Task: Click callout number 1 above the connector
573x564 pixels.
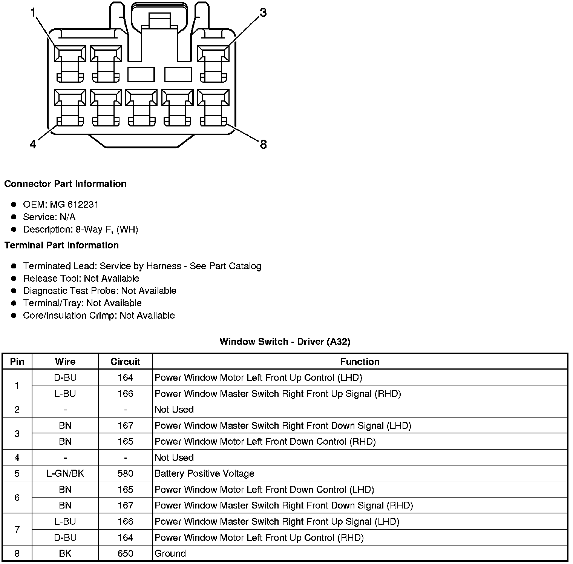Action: [x=33, y=13]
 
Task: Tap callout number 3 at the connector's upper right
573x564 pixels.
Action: [x=263, y=13]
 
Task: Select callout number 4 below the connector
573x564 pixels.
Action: [x=33, y=144]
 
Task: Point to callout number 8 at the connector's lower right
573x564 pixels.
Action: [x=263, y=144]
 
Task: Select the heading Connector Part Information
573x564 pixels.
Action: [x=65, y=184]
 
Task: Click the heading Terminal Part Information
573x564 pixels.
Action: [x=61, y=245]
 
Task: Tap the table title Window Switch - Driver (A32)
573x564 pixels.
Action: [x=285, y=342]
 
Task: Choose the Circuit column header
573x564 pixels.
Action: [x=125, y=362]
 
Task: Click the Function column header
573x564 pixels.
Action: [x=360, y=362]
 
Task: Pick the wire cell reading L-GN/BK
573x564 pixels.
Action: [x=65, y=473]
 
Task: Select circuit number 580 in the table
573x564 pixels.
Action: [x=125, y=473]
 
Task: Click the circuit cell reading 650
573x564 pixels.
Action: [x=125, y=553]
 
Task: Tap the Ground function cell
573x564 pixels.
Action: [x=170, y=553]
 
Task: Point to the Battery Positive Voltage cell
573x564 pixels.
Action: [x=204, y=473]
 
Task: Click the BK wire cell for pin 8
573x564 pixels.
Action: [x=65, y=553]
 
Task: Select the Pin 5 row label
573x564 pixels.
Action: [x=17, y=473]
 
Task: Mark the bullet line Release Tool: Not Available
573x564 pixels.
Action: [x=81, y=279]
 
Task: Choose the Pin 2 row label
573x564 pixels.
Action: [x=17, y=410]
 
